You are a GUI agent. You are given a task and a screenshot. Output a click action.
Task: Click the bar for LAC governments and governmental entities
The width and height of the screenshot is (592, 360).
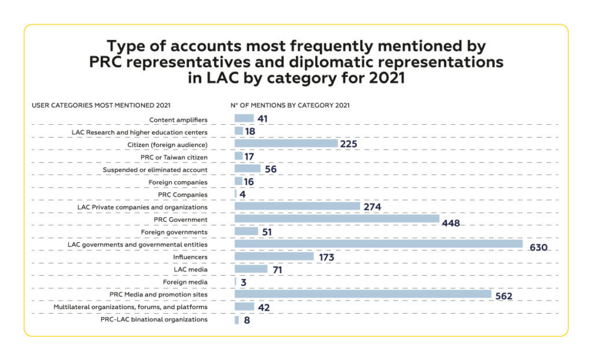tap(379, 244)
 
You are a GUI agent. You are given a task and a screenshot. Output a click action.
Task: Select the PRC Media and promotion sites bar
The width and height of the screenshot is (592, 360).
tap(363, 294)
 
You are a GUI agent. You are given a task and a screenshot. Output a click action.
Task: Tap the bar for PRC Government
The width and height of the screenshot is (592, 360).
tap(337, 219)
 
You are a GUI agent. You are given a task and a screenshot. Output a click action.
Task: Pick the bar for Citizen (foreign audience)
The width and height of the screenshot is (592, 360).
tap(286, 143)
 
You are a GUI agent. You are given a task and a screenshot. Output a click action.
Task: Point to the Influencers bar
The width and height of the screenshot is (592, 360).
tap(274, 257)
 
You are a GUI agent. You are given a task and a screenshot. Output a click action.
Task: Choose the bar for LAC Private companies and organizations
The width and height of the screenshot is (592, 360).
tap(297, 206)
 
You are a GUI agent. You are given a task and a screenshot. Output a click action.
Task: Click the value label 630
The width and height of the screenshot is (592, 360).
tap(538, 247)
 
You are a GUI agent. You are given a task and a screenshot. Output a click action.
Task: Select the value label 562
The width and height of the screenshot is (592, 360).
tap(504, 296)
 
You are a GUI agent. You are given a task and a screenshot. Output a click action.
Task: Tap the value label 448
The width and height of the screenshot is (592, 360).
tap(450, 222)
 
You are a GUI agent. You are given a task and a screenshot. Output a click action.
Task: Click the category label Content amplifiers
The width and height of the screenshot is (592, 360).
tap(178, 120)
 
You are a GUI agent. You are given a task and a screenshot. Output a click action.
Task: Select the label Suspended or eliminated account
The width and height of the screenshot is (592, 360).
tap(155, 170)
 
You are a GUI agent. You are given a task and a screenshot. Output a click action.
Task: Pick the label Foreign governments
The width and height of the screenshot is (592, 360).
tap(174, 232)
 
